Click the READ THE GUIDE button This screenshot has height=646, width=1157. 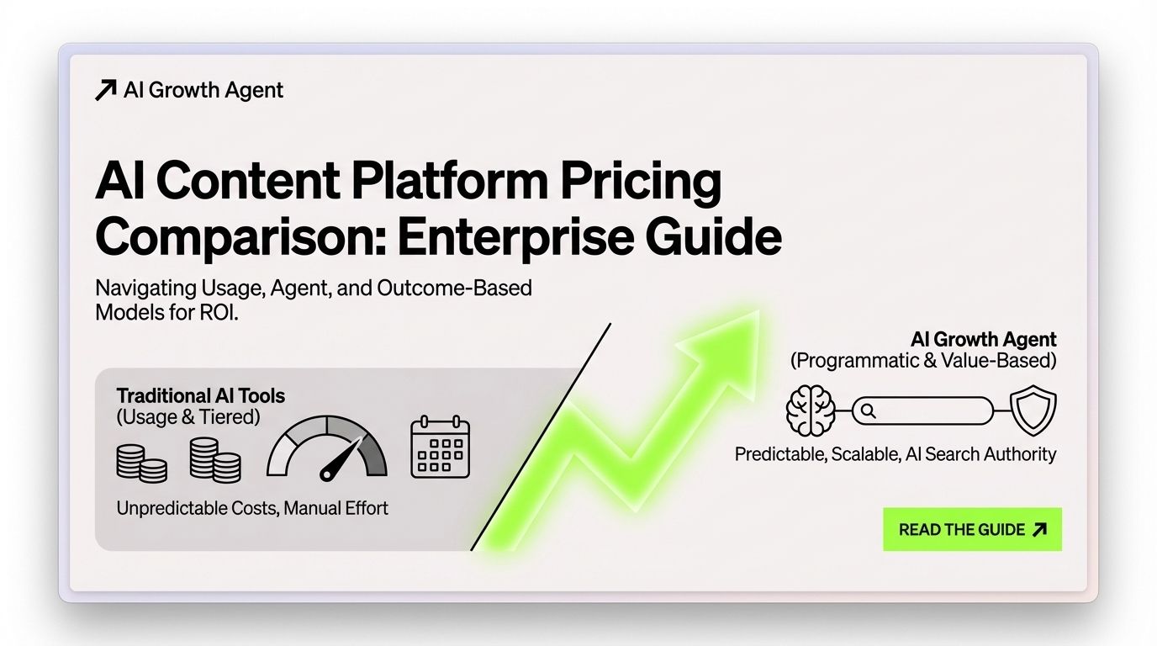pos(972,530)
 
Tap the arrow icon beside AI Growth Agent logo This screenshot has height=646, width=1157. pos(105,90)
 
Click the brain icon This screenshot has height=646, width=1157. pos(810,411)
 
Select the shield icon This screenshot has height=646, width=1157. pos(1032,411)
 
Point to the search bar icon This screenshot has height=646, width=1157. pos(922,411)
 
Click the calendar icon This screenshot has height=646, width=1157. pos(440,447)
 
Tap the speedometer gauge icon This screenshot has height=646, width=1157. pos(327,447)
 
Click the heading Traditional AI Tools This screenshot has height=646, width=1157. pos(200,395)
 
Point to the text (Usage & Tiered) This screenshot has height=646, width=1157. pos(188,416)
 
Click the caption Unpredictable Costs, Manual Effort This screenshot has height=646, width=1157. pos(252,508)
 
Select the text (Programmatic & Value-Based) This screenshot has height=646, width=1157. pos(923,361)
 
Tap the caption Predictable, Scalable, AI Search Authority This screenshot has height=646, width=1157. pos(895,454)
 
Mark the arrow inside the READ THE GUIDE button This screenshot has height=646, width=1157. pos(1039,530)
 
